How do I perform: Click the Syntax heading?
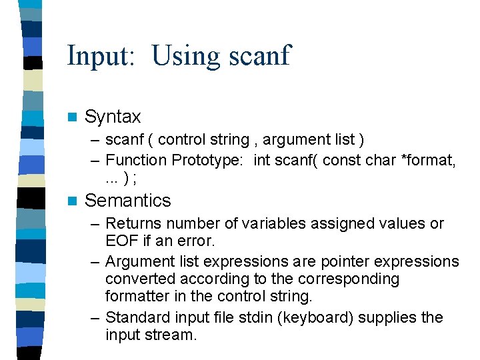click(x=113, y=117)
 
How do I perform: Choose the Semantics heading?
click(x=128, y=201)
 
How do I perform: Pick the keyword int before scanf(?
click(x=262, y=160)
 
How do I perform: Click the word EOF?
click(x=120, y=241)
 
